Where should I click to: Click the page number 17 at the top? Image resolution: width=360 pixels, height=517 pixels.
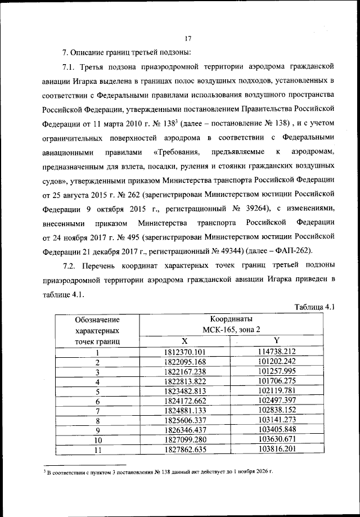pos(188,38)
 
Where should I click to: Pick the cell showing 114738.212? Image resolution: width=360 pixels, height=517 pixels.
pos(277,352)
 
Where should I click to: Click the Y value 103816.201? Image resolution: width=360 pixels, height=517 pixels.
pos(277,450)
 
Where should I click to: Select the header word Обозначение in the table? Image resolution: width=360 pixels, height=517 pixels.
pos(97,320)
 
